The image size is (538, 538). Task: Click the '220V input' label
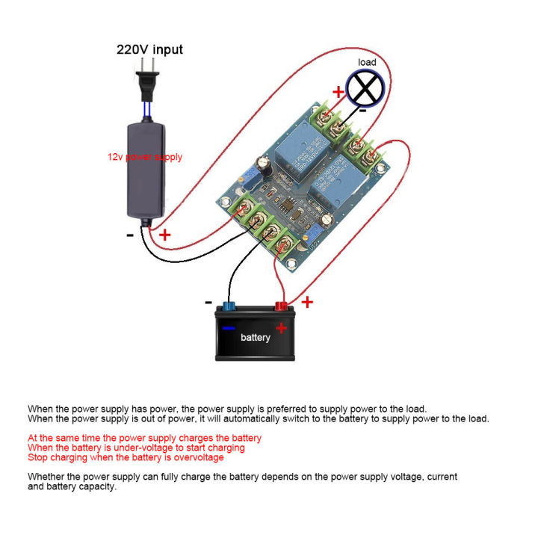[x=149, y=50]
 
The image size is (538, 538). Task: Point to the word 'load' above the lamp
[x=368, y=63]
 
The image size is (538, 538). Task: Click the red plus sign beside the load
[x=338, y=92]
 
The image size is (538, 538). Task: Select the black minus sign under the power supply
[x=130, y=233]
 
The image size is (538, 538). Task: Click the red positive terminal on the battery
[x=282, y=304]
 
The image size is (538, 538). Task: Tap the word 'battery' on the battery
[x=256, y=338]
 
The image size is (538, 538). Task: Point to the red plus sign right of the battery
[x=306, y=302]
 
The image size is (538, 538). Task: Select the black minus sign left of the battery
[x=208, y=302]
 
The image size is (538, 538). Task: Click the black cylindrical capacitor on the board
[x=262, y=164]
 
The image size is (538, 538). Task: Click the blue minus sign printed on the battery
[x=229, y=327]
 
